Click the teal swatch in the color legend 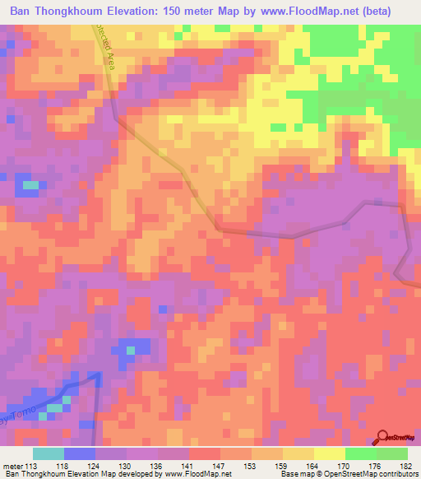point(48,453)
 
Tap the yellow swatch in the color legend point(329,453)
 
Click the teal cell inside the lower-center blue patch point(130,351)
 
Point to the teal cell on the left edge point(30,185)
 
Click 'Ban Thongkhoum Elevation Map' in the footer point(54,474)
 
